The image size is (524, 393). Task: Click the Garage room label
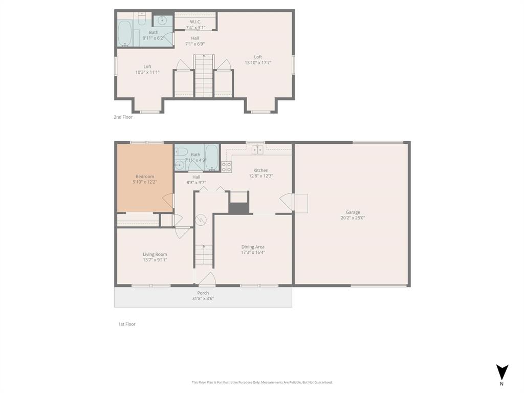coord(353,212)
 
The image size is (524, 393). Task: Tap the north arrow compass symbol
coord(501,372)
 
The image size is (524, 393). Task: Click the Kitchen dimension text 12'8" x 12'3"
coord(261,176)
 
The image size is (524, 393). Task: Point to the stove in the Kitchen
coord(226,167)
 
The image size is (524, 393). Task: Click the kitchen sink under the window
coord(257,149)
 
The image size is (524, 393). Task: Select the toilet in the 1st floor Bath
coord(181,151)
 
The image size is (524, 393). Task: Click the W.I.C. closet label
coord(195,21)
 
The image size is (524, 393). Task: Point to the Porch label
coord(203,293)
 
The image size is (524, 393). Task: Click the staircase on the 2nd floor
coord(204,77)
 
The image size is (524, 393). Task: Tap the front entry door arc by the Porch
coord(206,279)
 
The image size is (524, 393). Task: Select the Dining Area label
coord(253,247)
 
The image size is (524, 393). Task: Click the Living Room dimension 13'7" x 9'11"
coord(155,260)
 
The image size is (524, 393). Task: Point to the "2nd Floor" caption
coord(123,117)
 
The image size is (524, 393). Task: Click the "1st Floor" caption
coord(126,324)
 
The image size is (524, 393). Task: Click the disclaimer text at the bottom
coord(262,382)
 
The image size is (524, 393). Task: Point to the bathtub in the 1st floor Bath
coord(212,157)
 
